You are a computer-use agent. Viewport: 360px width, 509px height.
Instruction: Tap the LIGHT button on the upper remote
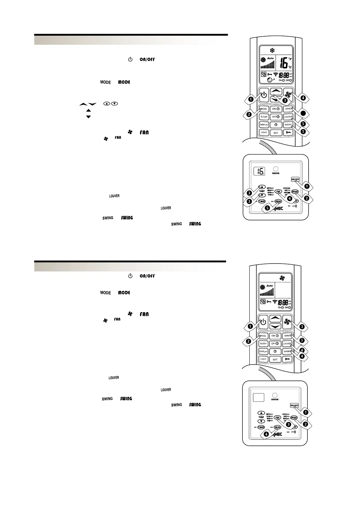click(x=264, y=132)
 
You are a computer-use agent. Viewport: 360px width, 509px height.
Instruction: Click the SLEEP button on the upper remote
click(x=264, y=117)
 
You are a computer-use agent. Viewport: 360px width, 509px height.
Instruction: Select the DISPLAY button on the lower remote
click(x=263, y=352)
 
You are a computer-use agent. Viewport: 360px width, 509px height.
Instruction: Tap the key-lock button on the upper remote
click(x=288, y=132)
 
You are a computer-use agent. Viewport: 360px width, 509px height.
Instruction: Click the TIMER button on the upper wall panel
click(x=261, y=201)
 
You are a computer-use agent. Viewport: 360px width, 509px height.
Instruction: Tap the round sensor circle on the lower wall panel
click(x=275, y=395)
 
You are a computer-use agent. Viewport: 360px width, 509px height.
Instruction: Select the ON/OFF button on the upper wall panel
click(x=295, y=179)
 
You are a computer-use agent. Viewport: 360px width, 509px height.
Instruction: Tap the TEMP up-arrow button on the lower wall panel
click(x=261, y=413)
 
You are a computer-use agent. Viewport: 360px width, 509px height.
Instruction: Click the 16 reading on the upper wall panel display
click(x=259, y=171)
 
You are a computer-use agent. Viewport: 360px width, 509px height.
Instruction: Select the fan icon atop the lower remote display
click(x=282, y=278)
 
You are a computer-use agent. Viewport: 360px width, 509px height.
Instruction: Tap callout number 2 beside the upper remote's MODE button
click(x=248, y=114)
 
